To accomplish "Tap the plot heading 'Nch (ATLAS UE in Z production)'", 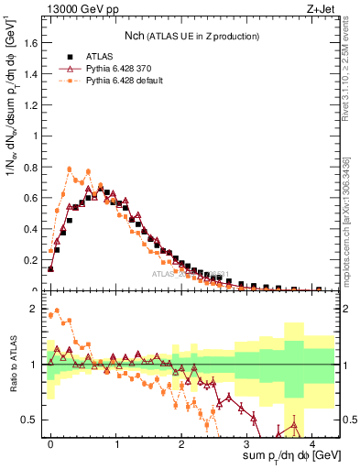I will (191, 36).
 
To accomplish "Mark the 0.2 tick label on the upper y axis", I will (32, 259).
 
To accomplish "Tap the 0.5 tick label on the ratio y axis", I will (32, 420).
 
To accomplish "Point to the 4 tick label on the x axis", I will (312, 443).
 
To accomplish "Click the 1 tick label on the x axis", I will (116, 443).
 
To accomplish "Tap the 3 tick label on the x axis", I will (247, 443).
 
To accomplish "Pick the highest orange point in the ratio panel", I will (57, 311).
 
